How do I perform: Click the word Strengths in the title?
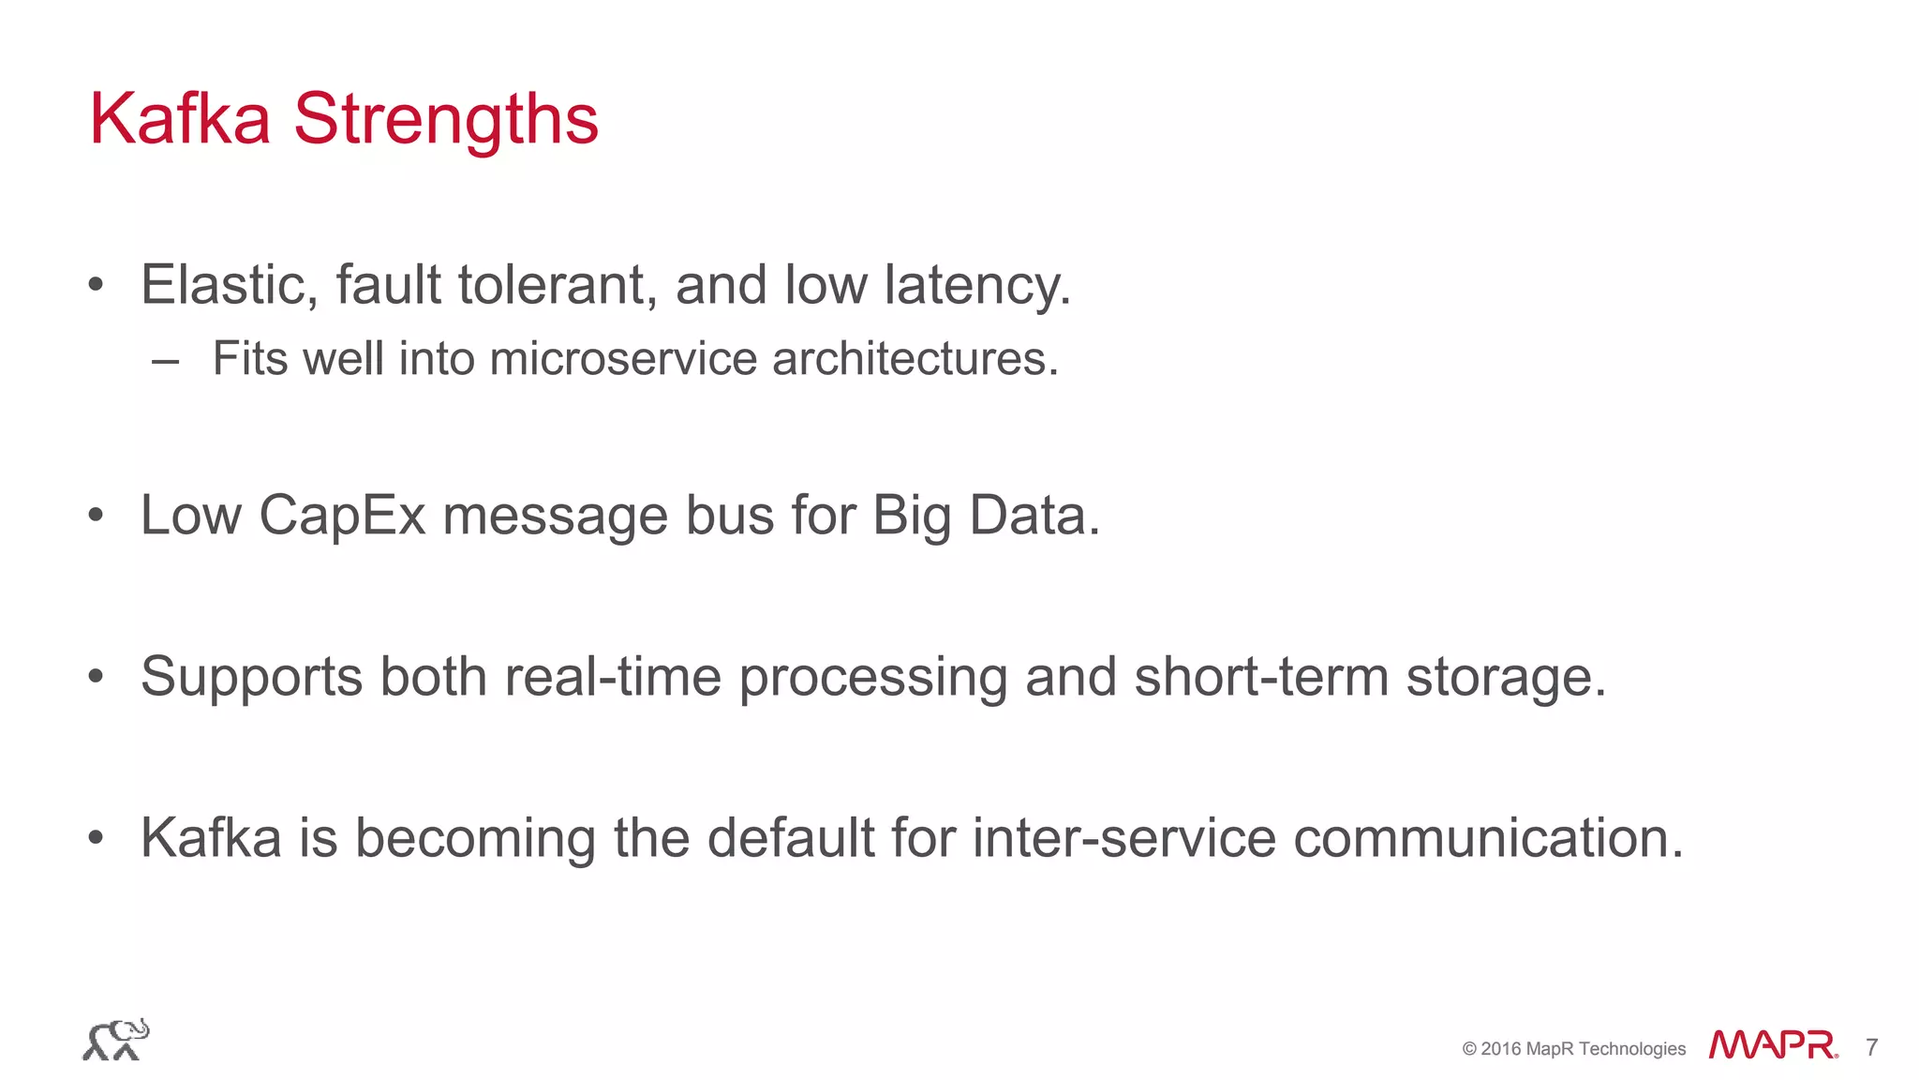(445, 120)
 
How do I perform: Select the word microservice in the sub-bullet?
(623, 358)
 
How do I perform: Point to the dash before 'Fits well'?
(165, 361)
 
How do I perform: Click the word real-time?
(613, 676)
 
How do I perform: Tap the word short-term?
(1261, 676)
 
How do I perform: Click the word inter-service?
(1123, 837)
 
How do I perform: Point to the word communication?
(1487, 837)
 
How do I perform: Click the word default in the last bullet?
(790, 837)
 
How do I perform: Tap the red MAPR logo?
(1772, 1045)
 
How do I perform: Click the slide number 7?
(1871, 1047)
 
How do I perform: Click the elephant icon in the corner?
(115, 1040)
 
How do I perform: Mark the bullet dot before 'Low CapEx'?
(96, 516)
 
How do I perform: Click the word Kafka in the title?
(180, 120)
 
